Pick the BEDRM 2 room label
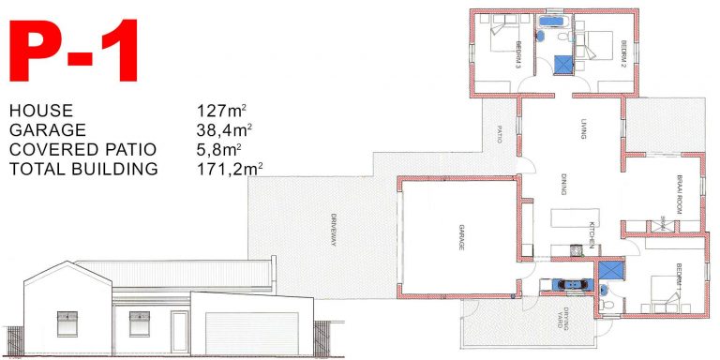point(622,52)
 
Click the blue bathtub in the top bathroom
point(549,20)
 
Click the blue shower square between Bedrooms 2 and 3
point(562,64)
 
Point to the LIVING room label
point(582,129)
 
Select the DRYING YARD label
point(560,318)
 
